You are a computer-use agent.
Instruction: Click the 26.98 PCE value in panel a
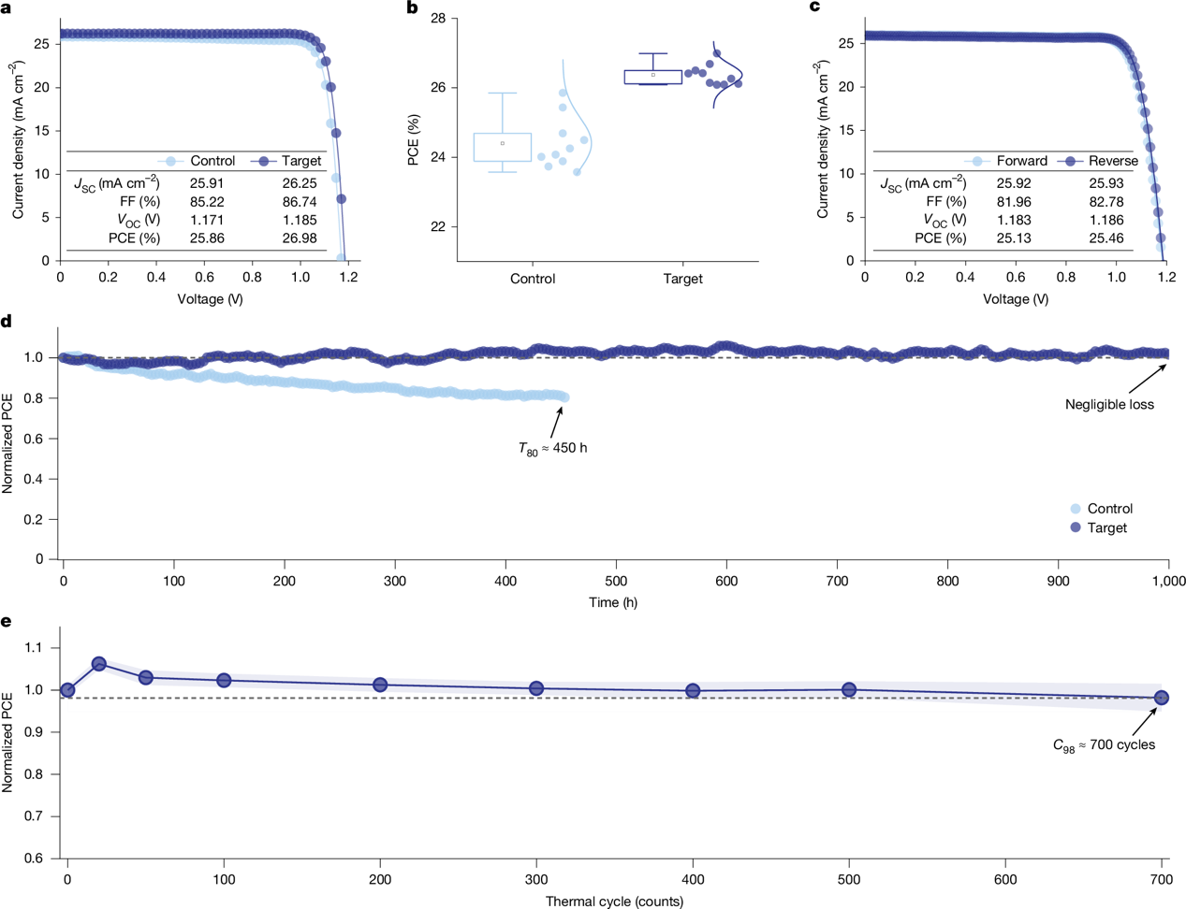(x=300, y=238)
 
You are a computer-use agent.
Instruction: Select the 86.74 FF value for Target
(x=300, y=202)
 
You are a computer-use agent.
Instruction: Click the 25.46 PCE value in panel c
(x=1106, y=238)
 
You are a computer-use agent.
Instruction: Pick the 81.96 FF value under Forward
(x=1014, y=202)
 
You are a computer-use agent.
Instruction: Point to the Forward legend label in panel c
(x=1021, y=161)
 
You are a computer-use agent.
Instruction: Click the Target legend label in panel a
(x=301, y=161)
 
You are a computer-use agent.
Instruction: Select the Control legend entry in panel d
(x=1109, y=509)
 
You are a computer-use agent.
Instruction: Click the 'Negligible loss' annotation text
(x=1109, y=405)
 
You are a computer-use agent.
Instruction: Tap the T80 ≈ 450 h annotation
(x=552, y=448)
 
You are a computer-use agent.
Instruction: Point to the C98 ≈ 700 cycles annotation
(x=1104, y=745)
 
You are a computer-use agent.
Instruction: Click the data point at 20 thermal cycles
(x=98, y=665)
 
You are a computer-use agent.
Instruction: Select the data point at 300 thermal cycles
(x=536, y=688)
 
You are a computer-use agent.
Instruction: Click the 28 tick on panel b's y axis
(x=439, y=19)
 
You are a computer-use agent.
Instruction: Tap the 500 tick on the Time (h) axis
(x=616, y=581)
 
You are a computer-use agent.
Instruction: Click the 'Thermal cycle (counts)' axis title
(x=615, y=902)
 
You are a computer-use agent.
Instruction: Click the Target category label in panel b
(x=682, y=279)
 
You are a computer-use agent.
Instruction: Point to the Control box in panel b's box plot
(x=503, y=147)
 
